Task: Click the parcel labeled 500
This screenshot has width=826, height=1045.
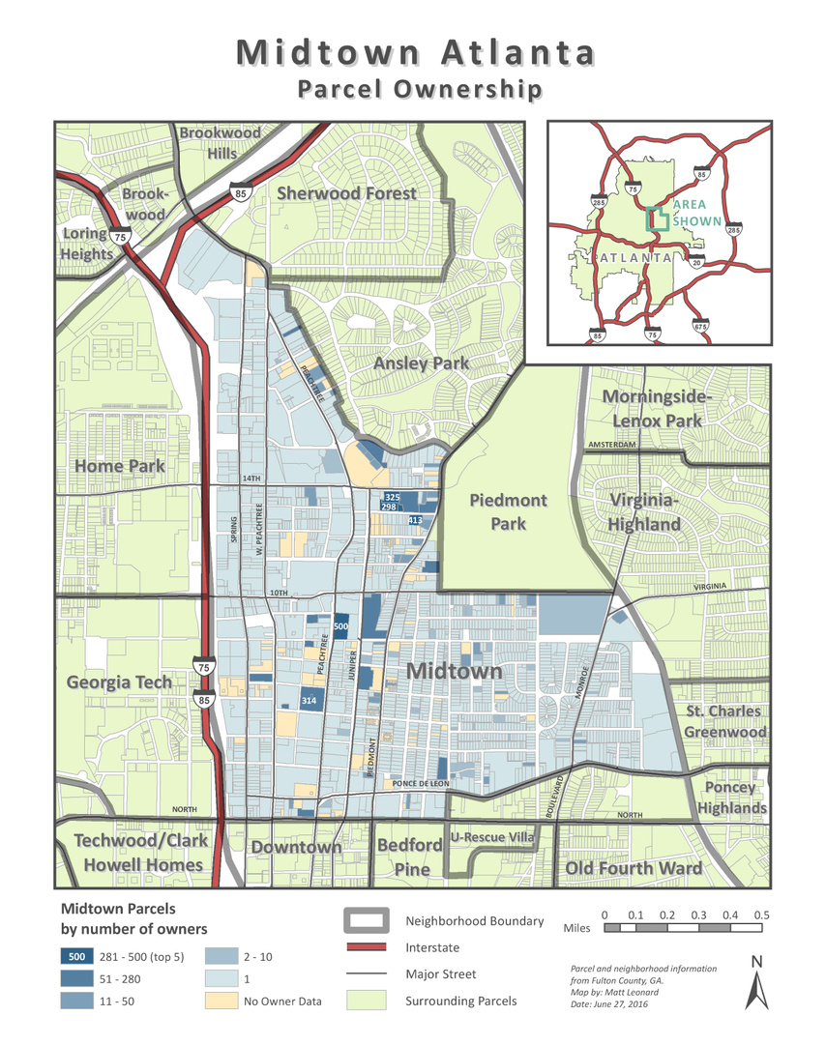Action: click(x=340, y=626)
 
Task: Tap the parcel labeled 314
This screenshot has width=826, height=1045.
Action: click(x=310, y=700)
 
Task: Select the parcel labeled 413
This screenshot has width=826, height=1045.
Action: click(x=415, y=520)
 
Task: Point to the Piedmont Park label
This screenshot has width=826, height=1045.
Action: click(x=508, y=511)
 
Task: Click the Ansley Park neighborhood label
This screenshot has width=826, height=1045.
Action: click(x=421, y=363)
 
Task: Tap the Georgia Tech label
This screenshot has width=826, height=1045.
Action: click(x=119, y=682)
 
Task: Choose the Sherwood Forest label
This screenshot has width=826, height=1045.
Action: click(x=346, y=193)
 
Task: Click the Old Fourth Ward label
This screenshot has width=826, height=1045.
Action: click(x=634, y=868)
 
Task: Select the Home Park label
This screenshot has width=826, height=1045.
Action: click(x=120, y=466)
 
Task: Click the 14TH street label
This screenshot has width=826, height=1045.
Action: click(x=251, y=479)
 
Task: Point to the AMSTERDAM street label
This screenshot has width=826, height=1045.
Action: click(x=612, y=445)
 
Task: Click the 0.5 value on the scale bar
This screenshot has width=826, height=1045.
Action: click(x=760, y=914)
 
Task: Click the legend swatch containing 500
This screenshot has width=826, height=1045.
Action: click(x=75, y=957)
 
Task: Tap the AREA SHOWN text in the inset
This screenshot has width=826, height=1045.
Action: click(x=697, y=214)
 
